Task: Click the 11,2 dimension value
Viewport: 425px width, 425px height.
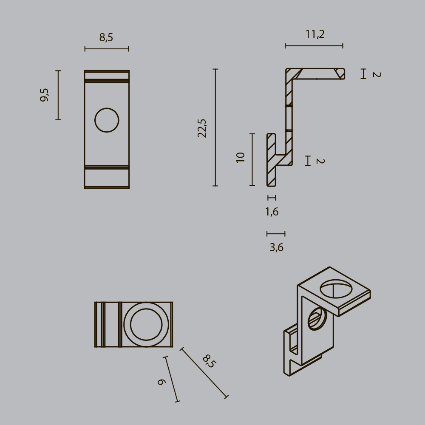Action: pos(315,34)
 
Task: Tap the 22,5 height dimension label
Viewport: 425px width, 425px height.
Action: pos(202,128)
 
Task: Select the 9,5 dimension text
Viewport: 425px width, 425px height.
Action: pos(45,94)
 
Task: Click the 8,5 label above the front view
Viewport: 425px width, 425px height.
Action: pos(106,38)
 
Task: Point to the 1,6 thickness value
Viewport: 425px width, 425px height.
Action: pos(272,212)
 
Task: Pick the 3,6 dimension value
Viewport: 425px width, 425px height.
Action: pos(276,247)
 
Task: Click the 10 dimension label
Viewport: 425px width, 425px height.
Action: pos(241,157)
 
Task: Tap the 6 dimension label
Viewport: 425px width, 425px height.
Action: pos(161,382)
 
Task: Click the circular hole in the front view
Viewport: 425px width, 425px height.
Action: pos(107,120)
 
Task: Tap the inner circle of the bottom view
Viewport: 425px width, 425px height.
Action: pos(146,324)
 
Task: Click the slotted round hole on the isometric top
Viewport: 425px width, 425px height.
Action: pos(336,289)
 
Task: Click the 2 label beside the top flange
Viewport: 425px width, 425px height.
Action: pos(376,74)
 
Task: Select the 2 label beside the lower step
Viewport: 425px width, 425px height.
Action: pos(320,161)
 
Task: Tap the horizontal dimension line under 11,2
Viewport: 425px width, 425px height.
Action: pos(314,45)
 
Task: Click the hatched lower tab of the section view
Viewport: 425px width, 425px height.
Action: pos(271,160)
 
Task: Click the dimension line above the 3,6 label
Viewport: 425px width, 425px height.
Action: pos(276,233)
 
